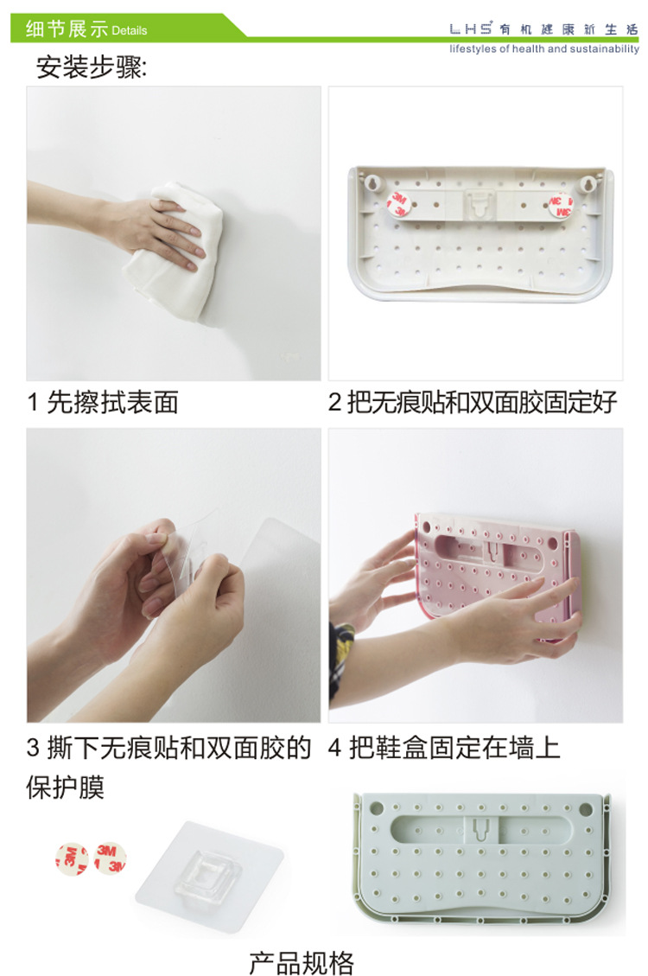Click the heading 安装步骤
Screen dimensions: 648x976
pyautogui.click(x=92, y=67)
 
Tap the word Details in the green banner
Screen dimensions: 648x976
pyautogui.click(x=130, y=30)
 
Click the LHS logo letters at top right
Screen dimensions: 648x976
pyautogui.click(x=470, y=29)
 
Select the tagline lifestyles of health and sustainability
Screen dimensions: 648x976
pyautogui.click(x=544, y=48)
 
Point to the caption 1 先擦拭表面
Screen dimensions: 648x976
pyautogui.click(x=103, y=402)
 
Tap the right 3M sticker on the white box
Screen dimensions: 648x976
pyautogui.click(x=561, y=206)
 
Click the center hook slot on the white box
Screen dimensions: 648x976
pyautogui.click(x=479, y=204)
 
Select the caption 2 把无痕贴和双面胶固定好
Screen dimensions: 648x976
pyautogui.click(x=473, y=402)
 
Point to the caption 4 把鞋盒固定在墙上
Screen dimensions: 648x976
pyautogui.click(x=444, y=748)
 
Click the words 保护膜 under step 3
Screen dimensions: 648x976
pyautogui.click(x=66, y=787)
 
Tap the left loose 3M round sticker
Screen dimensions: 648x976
pyautogui.click(x=72, y=859)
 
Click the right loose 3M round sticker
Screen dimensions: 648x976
pyautogui.click(x=110, y=858)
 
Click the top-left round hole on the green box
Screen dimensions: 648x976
pyautogui.click(x=376, y=808)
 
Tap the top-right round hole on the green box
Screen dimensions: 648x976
pyautogui.click(x=586, y=809)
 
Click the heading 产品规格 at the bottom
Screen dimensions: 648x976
pyautogui.click(x=302, y=962)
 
